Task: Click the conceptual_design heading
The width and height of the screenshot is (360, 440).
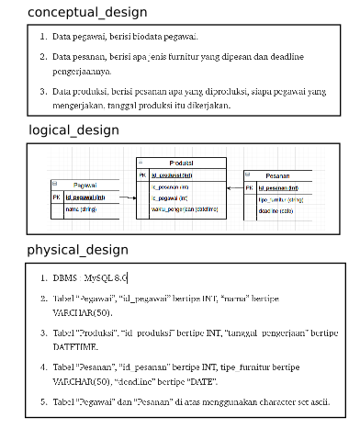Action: click(87, 13)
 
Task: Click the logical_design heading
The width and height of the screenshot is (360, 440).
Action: click(73, 130)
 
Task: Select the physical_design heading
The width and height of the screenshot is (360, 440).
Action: click(77, 250)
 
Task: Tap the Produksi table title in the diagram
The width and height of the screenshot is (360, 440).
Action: click(181, 162)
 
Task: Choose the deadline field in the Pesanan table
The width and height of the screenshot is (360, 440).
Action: click(276, 209)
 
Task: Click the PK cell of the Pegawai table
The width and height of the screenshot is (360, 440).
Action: click(56, 197)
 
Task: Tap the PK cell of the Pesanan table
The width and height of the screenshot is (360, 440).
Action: click(250, 187)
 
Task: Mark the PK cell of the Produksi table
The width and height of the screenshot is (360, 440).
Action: click(141, 174)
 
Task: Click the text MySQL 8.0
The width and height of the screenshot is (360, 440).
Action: click(106, 277)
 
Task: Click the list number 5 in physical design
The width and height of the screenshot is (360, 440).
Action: click(43, 401)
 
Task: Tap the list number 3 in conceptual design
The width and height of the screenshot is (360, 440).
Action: click(43, 92)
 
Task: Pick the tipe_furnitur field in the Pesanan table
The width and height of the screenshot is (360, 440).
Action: click(281, 198)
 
